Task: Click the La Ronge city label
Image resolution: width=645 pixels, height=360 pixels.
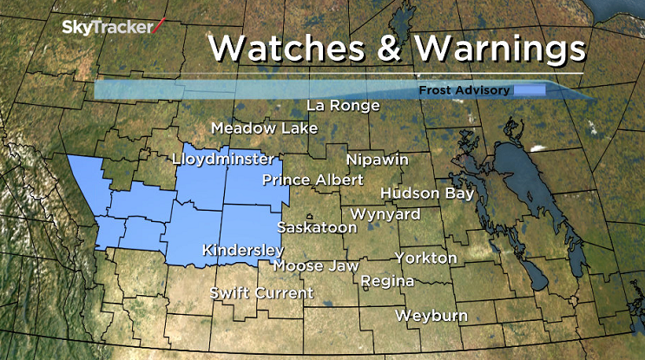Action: (x=344, y=106)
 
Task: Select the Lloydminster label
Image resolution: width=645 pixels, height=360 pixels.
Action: (x=223, y=160)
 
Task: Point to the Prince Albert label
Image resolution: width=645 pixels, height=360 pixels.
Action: (x=300, y=180)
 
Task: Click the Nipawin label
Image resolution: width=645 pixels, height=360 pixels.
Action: (x=377, y=160)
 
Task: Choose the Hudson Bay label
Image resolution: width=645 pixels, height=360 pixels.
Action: (x=427, y=193)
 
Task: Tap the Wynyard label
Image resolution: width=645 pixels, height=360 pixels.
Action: (x=385, y=213)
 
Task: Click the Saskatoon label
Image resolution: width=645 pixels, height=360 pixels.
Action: (x=317, y=227)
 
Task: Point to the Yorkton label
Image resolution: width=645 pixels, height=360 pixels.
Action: (x=425, y=258)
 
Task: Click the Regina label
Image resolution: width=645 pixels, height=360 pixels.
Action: (x=387, y=281)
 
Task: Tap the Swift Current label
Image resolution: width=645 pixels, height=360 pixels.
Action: (x=261, y=293)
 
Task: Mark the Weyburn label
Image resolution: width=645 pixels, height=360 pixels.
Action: (x=431, y=315)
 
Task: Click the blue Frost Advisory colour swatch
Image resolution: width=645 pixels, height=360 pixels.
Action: (x=529, y=90)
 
